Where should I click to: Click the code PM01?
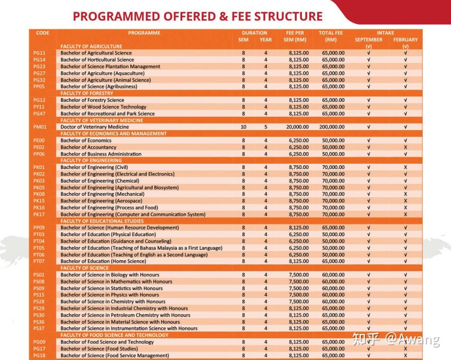point(39,127)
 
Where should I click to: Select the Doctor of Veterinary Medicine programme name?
point(95,127)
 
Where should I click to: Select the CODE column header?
point(43,33)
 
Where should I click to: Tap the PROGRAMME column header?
point(144,33)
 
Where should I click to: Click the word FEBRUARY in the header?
point(405,40)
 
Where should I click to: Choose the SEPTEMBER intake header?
point(368,40)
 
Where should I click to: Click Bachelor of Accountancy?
point(88,148)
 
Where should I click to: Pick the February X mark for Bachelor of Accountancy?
point(406,148)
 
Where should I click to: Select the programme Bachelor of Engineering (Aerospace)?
point(102,201)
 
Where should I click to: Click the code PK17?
point(39,215)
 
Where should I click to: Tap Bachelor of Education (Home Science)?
point(103,262)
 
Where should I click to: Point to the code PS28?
point(39,302)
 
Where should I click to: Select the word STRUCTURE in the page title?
point(289,17)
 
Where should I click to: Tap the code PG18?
point(39,356)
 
